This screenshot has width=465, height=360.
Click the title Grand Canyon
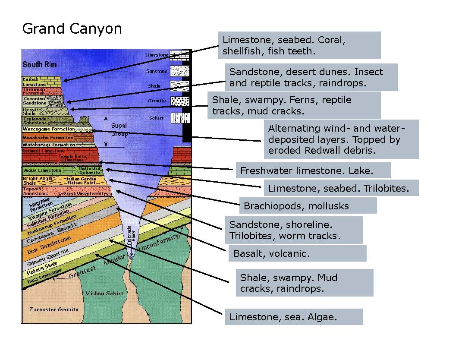click(72, 29)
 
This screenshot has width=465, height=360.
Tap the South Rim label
click(39, 65)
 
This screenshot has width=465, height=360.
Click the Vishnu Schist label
click(104, 293)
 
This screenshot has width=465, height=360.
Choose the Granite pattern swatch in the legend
click(180, 101)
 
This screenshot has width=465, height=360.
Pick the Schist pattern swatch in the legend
click(180, 118)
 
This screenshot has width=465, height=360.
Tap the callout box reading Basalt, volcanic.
click(297, 253)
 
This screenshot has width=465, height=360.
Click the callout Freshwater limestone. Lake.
click(313, 171)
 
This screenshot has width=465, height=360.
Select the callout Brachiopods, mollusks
click(308, 206)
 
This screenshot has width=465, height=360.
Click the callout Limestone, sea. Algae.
click(294, 317)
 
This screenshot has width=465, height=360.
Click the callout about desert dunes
click(311, 77)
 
